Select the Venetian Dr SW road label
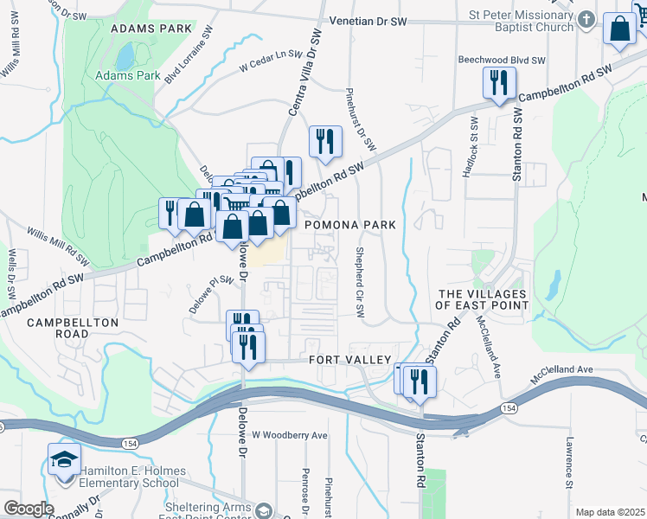[x=368, y=20]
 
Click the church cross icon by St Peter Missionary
[x=586, y=20]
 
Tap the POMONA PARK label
[x=350, y=225]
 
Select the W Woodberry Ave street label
[x=289, y=434]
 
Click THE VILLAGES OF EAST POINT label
[x=482, y=299]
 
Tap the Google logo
[x=29, y=509]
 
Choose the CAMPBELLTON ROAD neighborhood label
[x=72, y=328]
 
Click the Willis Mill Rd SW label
[x=58, y=247]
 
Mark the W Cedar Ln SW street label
[x=272, y=60]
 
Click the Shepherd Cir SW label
[x=357, y=283]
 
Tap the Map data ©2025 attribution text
[x=610, y=512]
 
